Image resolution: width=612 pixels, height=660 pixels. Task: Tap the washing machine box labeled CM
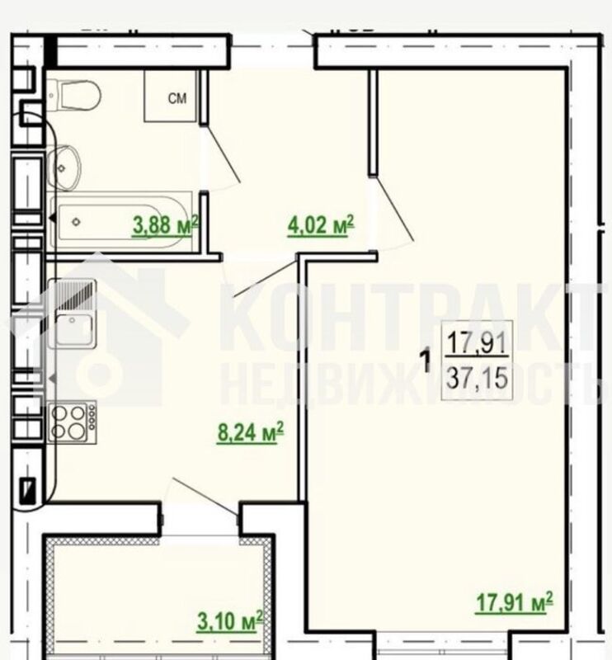click(171, 96)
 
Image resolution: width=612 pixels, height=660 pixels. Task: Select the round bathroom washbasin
click(64, 168)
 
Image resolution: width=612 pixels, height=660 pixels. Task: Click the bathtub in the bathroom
click(120, 222)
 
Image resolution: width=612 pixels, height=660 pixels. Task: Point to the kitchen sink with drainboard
click(72, 313)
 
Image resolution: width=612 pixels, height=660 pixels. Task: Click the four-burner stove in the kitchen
click(72, 422)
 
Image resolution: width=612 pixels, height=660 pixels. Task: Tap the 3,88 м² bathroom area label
click(166, 224)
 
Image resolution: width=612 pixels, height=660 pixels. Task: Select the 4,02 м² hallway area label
click(321, 224)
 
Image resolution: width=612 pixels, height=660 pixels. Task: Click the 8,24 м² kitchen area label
click(251, 432)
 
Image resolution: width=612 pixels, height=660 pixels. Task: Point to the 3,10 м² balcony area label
click(230, 621)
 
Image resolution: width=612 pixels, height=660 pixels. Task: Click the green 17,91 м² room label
click(514, 602)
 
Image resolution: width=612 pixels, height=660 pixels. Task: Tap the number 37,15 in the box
click(477, 378)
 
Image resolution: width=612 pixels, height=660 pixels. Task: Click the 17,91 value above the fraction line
click(477, 342)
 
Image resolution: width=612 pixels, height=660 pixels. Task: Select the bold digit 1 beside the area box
click(426, 361)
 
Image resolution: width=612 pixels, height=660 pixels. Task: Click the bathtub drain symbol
click(76, 222)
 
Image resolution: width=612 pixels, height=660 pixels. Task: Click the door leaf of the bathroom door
click(222, 153)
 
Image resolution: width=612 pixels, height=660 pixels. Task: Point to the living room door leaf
click(394, 209)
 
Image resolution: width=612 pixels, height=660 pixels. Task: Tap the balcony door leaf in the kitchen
click(206, 497)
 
